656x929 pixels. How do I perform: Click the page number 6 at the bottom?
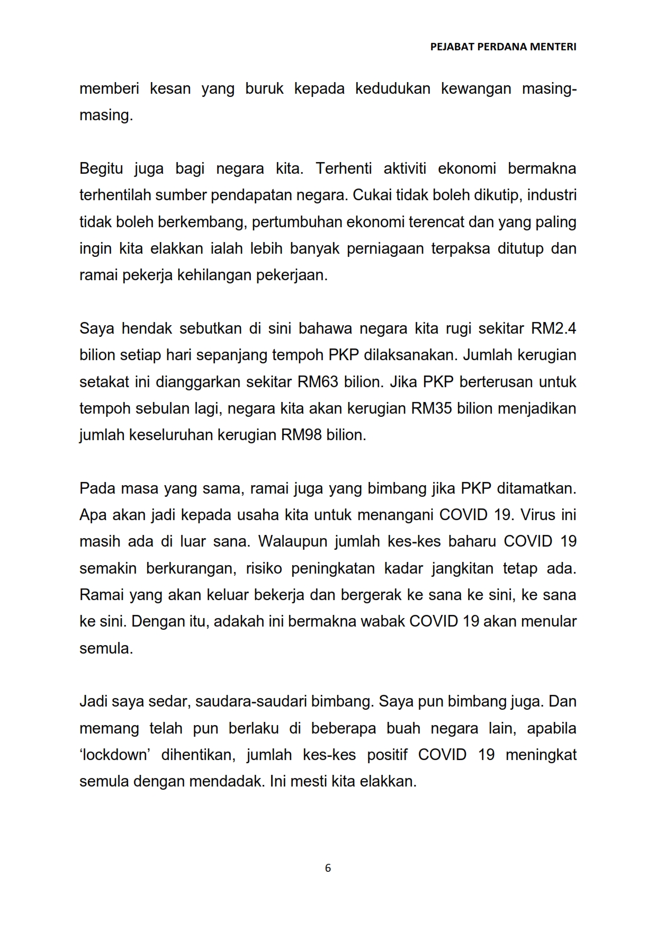tap(328, 868)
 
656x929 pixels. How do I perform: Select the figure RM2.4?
tap(553, 329)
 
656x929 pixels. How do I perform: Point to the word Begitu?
tap(101, 169)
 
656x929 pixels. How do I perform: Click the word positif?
tap(387, 755)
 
